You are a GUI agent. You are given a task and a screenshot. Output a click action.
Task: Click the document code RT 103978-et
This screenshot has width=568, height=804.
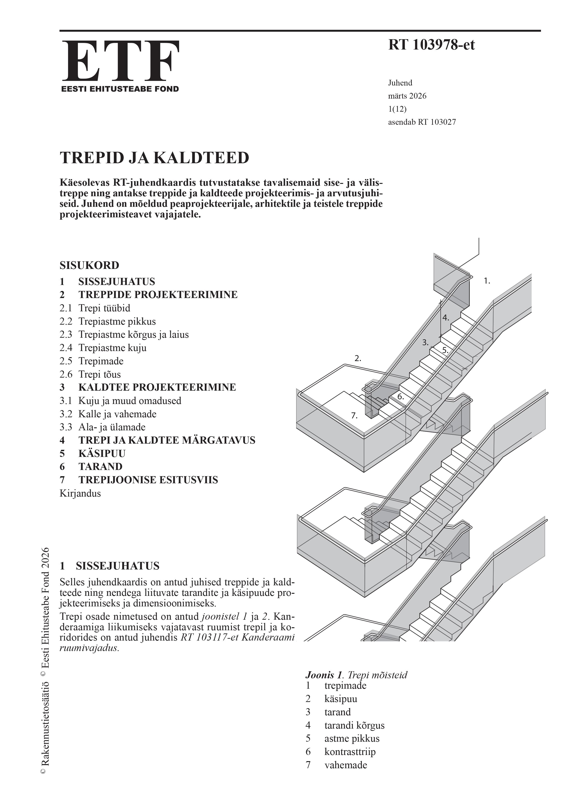(431, 45)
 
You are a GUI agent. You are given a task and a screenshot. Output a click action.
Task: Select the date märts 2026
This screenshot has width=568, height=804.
(407, 96)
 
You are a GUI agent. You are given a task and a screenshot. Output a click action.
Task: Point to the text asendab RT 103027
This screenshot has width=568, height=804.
(422, 122)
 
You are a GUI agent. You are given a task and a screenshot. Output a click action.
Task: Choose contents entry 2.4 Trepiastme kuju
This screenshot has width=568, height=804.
(103, 348)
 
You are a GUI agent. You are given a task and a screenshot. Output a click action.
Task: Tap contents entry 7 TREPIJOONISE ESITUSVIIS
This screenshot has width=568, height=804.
(139, 480)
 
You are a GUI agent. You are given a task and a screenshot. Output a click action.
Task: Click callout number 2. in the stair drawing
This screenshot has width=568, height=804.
(358, 359)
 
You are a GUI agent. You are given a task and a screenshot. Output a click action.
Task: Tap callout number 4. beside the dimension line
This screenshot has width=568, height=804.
(446, 318)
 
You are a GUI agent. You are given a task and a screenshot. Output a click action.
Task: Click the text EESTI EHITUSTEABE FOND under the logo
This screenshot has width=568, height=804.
(120, 89)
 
